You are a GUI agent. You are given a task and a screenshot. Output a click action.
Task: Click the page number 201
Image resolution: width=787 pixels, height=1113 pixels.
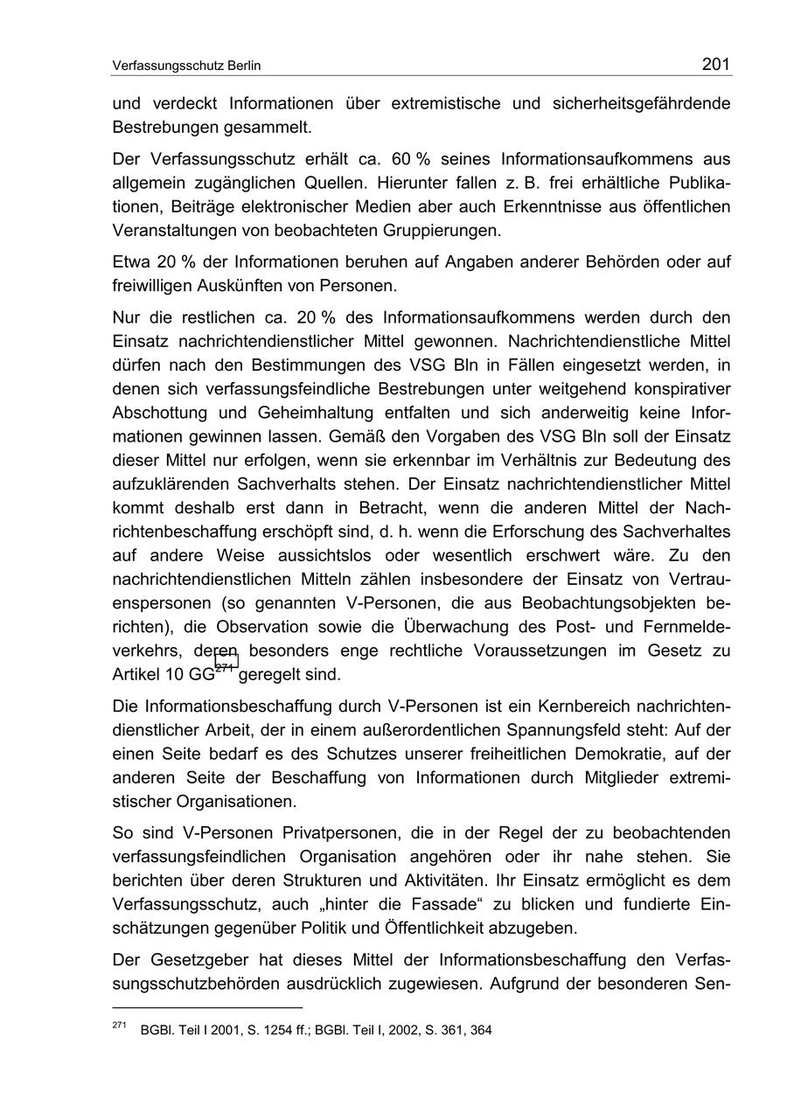click(715, 64)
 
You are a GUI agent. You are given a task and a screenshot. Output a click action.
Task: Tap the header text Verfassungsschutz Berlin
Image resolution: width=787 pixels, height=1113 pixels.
click(187, 66)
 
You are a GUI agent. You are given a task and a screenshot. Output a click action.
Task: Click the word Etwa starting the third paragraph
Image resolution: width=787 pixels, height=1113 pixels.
click(131, 262)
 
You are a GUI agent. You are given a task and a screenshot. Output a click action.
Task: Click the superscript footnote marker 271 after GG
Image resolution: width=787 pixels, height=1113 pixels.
click(226, 667)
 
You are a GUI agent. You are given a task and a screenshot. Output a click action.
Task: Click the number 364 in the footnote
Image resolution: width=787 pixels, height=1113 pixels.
click(481, 1030)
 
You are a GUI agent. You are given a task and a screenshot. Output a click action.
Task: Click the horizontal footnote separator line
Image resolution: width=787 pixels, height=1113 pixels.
click(206, 1006)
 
